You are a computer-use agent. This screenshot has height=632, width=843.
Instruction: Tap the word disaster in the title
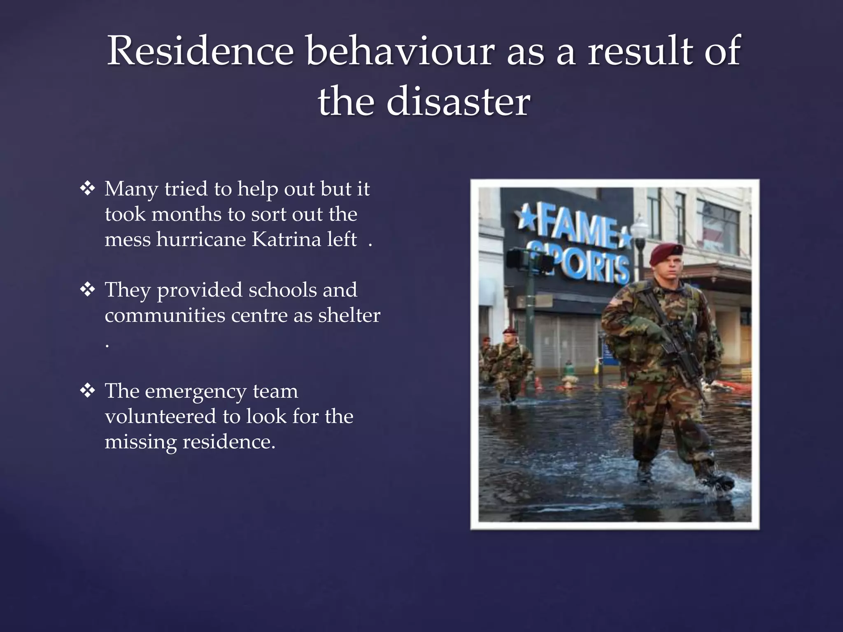(x=458, y=102)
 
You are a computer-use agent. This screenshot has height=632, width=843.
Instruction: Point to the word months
(x=186, y=214)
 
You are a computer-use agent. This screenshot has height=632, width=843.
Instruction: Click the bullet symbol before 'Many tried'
(x=88, y=189)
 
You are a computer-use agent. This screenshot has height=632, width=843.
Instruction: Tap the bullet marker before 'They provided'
(x=88, y=290)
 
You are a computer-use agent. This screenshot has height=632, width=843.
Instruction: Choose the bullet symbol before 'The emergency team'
(x=88, y=391)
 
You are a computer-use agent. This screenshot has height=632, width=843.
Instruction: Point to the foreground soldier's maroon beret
(x=666, y=252)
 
